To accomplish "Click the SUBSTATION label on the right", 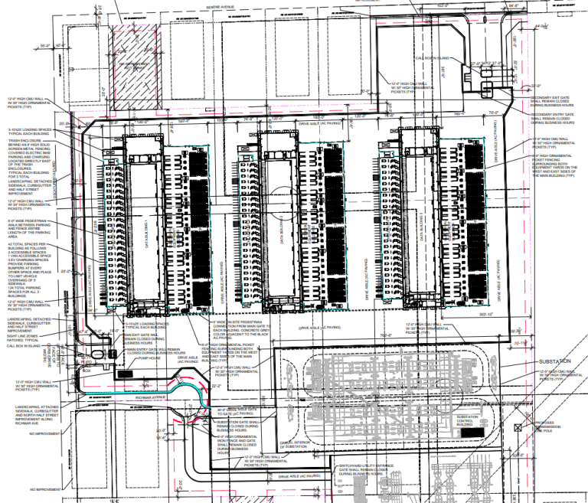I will [557, 361].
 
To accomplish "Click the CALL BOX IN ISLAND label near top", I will [432, 57].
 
